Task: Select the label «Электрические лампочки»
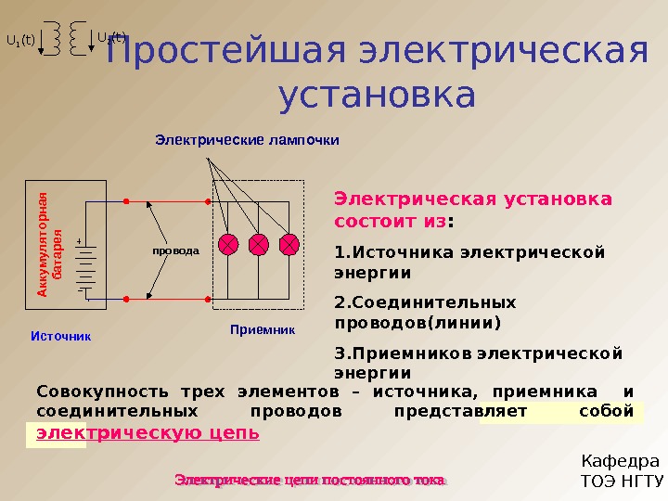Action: click(x=247, y=141)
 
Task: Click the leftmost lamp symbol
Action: click(x=228, y=244)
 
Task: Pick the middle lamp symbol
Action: click(x=259, y=244)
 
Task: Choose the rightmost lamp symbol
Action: click(x=289, y=244)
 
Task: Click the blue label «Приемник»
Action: click(x=262, y=329)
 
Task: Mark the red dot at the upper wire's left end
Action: click(x=124, y=200)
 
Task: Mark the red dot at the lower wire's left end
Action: click(x=124, y=299)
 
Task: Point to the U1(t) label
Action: click(x=20, y=41)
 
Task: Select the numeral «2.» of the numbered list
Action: click(x=340, y=302)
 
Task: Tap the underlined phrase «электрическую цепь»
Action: click(x=148, y=433)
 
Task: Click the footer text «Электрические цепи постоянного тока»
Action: click(x=311, y=480)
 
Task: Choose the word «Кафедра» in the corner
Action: click(x=619, y=461)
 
